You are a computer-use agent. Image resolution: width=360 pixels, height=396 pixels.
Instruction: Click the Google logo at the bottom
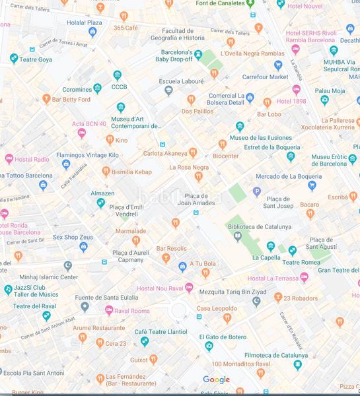point(216,379)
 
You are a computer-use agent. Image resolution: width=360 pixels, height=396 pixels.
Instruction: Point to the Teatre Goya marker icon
point(13,59)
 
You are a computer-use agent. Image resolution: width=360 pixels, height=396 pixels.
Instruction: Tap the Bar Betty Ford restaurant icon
point(46,99)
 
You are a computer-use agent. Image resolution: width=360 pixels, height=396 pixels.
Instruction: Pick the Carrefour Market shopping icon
point(278,65)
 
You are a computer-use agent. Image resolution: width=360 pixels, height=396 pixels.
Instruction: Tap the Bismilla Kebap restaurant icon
point(106,172)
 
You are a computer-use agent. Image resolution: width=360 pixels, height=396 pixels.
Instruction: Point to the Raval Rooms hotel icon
point(109,310)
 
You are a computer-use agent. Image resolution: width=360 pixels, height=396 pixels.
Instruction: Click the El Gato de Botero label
point(227,337)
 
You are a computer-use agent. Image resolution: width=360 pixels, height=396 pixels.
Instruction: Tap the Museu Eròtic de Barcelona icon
point(291,156)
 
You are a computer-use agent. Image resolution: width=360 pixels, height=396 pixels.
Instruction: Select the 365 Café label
point(126,28)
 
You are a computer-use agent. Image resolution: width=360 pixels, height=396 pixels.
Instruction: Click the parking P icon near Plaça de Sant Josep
point(257,192)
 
